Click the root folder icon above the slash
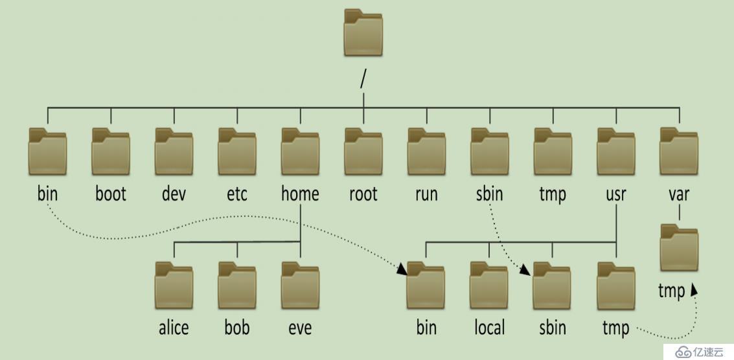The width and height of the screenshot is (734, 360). pos(363,33)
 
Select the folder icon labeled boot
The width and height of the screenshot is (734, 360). pos(110,152)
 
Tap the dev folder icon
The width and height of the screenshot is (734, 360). pos(174,152)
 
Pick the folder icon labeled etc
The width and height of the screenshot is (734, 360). pos(236,152)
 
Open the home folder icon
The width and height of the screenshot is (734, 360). pos(300,152)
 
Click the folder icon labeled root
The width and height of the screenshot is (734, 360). pos(363,152)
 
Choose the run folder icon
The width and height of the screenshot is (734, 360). pos(426,152)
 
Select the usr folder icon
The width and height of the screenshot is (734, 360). pos(616,152)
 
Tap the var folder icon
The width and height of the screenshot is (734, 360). pos(679,152)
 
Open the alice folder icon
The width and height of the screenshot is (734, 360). pos(174,286)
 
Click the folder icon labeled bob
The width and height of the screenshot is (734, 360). pos(236,286)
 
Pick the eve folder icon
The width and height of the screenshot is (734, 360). pos(300,286)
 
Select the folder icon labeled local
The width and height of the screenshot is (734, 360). pos(489,286)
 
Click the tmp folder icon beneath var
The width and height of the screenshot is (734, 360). pos(679,249)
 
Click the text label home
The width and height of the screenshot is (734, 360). pos(300,194)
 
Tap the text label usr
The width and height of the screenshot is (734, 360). pos(616,194)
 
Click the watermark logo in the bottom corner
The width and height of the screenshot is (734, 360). pos(699,350)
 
